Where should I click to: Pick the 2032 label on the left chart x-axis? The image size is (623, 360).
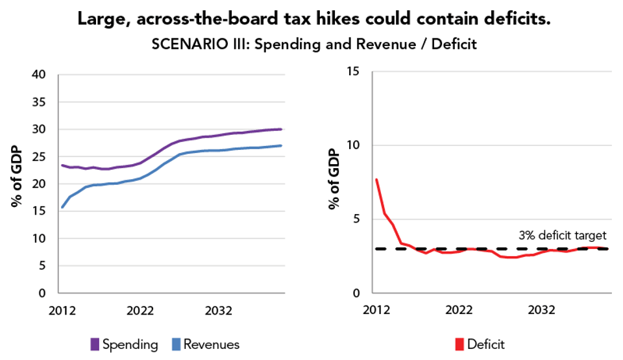218,310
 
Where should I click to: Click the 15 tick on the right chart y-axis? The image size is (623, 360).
356,71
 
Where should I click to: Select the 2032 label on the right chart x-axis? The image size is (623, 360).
541,310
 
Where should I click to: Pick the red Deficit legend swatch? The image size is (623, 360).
460,344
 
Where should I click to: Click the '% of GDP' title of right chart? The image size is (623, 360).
334,180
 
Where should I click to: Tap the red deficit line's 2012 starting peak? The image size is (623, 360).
376,180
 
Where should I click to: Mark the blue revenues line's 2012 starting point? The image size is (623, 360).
62,207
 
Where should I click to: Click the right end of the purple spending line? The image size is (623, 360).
281,129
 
